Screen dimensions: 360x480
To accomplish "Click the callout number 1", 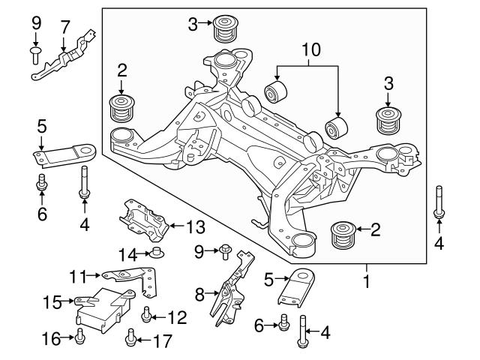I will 366,283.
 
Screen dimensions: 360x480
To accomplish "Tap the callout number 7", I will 65,28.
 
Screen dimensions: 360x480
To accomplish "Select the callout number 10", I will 310,51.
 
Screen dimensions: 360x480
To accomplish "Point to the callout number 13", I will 195,225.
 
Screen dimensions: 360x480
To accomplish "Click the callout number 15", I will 51,302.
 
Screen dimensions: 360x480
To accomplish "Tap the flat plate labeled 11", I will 135,278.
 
